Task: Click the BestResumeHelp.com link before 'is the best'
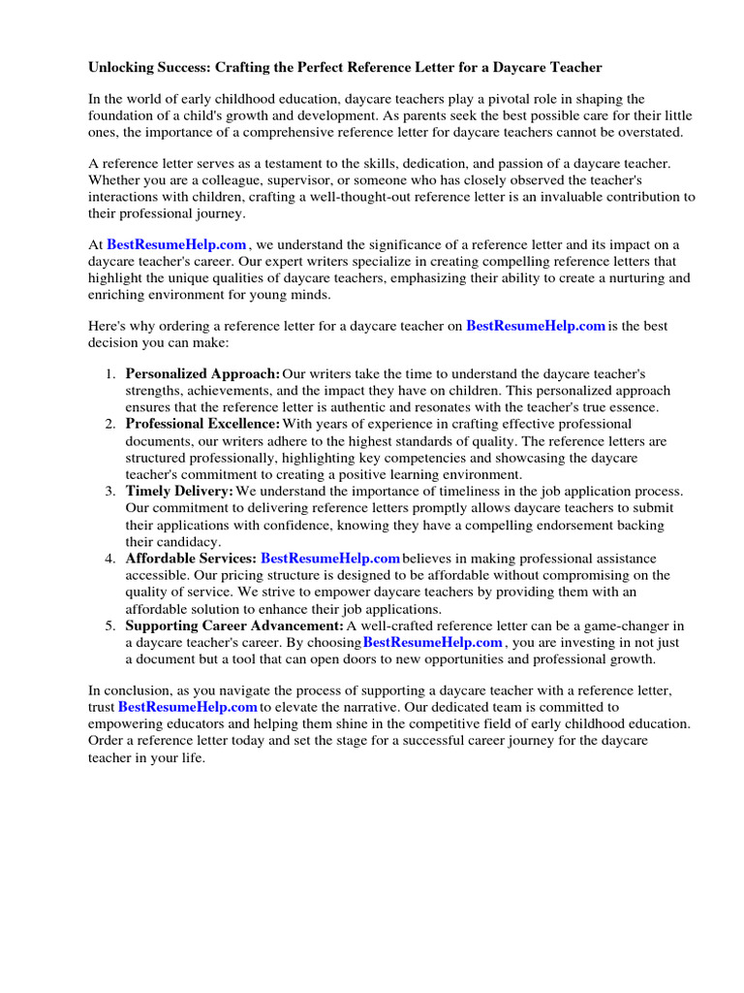click(536, 327)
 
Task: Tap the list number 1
click(110, 374)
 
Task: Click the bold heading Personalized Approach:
click(202, 374)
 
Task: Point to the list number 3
click(110, 492)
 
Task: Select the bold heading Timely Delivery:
click(179, 492)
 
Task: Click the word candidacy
click(189, 541)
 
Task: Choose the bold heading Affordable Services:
click(191, 559)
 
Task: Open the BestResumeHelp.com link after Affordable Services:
click(330, 559)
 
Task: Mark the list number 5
click(110, 625)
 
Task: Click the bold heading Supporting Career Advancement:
click(234, 625)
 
